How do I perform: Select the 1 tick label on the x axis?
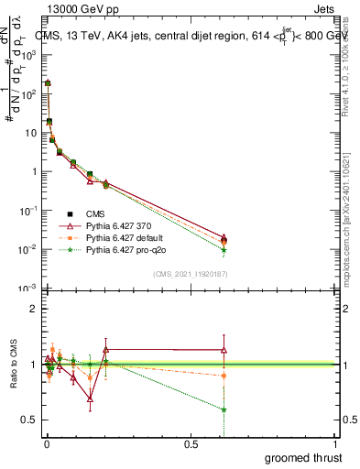point(335,443)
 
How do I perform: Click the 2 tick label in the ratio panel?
point(33,309)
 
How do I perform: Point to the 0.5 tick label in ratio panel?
point(27,420)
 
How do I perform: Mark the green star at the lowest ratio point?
point(224,409)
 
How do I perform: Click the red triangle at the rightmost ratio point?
point(224,349)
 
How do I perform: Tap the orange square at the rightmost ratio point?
point(224,376)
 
